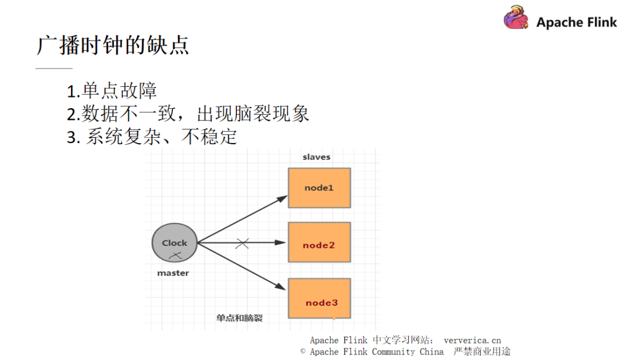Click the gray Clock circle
pos(174,242)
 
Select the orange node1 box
pos(319,187)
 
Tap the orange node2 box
pos(319,242)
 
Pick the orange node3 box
pos(319,299)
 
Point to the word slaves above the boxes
pos(316,157)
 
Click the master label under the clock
pos(173,273)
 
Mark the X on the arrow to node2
pos(242,243)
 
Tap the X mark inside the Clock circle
pos(175,255)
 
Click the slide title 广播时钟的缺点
pos(113,45)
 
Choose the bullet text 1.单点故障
pos(112,91)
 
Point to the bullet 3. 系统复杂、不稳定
pos(152,137)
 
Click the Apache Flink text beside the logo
pos(576,22)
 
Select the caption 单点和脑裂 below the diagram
pos(239,318)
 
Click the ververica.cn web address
pos(472,340)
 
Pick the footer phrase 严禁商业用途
pos(481,352)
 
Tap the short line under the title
pos(54,69)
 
